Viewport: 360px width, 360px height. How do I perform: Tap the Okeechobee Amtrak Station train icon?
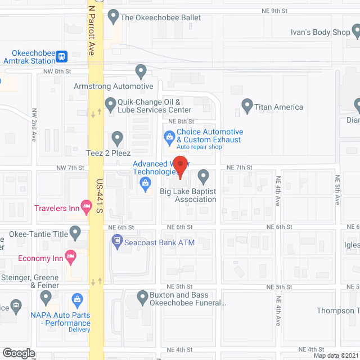[61, 56]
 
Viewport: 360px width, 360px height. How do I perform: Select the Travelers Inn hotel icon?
[86, 208]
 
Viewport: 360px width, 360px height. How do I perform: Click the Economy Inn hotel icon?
[71, 258]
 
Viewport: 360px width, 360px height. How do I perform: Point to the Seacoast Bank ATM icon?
[117, 242]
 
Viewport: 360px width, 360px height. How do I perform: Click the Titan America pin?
[246, 105]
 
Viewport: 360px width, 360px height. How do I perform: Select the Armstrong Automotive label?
[114, 86]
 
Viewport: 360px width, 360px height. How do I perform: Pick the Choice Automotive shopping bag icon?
[168, 136]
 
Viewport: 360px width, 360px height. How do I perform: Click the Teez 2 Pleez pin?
[117, 137]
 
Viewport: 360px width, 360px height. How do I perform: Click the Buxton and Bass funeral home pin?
[142, 296]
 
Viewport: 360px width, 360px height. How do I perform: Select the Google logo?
[18, 353]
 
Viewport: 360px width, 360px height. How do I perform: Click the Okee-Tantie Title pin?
[76, 232]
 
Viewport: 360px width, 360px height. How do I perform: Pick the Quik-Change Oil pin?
[110, 104]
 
